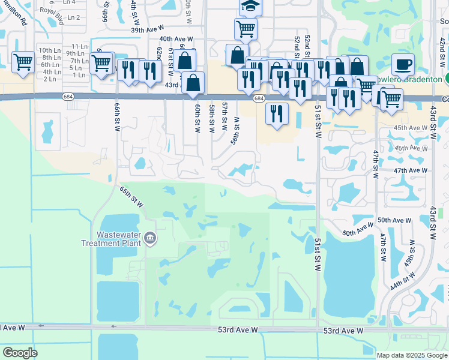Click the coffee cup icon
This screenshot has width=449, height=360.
point(403,63)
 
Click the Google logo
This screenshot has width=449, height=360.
point(20,353)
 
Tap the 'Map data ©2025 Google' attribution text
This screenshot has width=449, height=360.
point(412,355)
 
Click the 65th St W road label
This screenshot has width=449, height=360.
point(131,196)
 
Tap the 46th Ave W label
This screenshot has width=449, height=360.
point(410,148)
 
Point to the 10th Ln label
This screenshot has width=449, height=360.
point(46,50)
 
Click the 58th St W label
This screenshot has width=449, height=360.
point(212,117)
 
